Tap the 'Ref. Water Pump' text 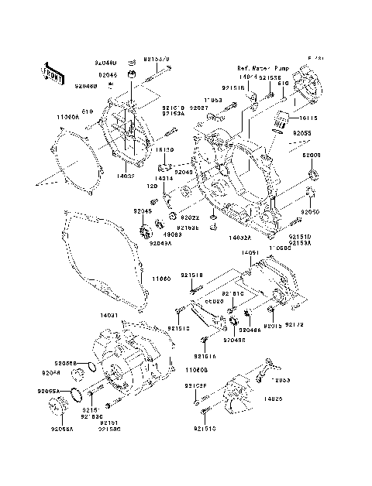click(260, 69)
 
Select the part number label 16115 click(308, 118)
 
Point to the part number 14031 click(87, 316)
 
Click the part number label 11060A click(68, 116)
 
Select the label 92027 click(199, 108)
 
